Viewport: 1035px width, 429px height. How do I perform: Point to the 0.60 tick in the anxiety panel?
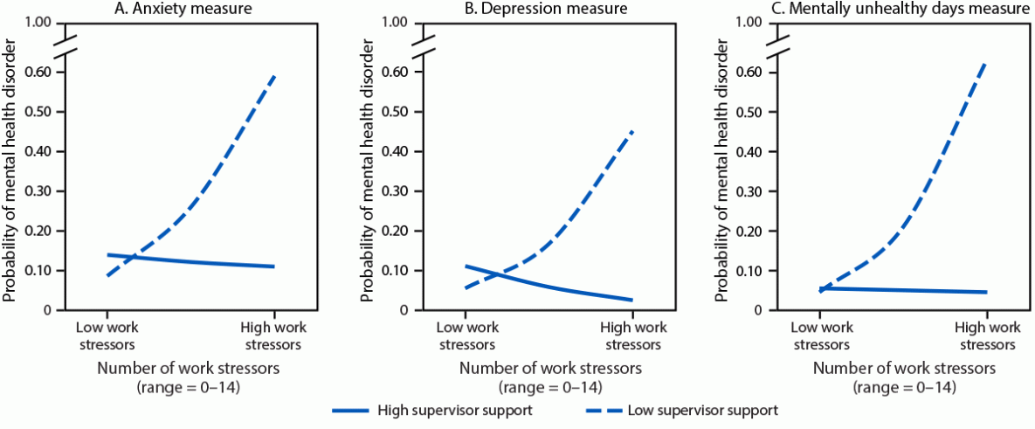click(x=45, y=72)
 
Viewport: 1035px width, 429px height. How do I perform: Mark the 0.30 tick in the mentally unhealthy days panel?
click(x=756, y=191)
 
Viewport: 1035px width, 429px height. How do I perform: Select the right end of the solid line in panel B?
click(x=632, y=300)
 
